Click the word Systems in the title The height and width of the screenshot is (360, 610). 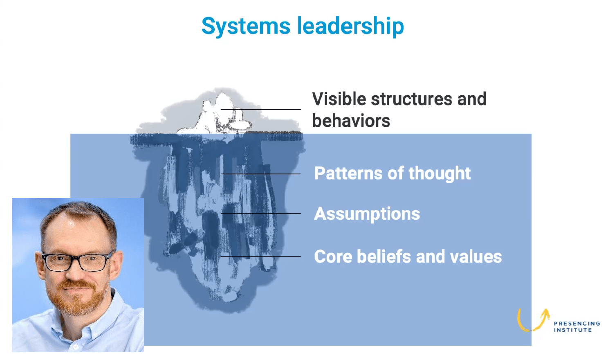click(246, 26)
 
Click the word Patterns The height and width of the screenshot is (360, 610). click(348, 173)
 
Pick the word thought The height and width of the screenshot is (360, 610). click(440, 173)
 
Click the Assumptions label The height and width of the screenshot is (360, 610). click(367, 214)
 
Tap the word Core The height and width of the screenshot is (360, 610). click(333, 256)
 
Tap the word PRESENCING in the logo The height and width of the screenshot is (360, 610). click(577, 324)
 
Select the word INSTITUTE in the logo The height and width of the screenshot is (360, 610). click(573, 330)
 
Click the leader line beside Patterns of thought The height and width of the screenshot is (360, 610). click(260, 173)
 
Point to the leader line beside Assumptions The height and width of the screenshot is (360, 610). click(260, 214)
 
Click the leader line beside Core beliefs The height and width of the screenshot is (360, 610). click(260, 256)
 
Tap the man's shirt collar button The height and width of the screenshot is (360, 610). click(76, 346)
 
